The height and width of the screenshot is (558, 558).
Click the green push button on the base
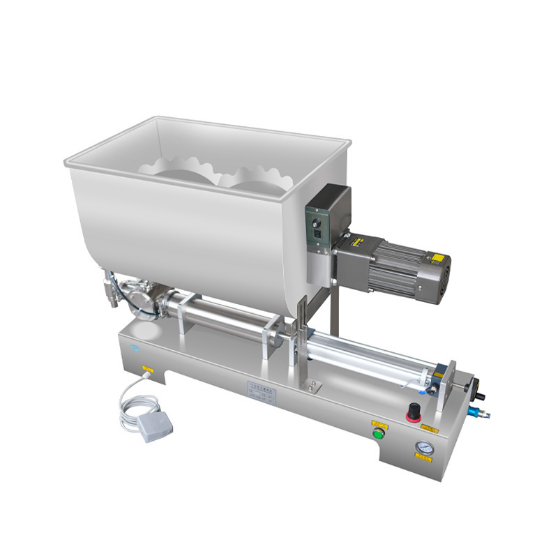coord(379,434)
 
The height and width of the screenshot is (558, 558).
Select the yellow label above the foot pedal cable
coord(147,368)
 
